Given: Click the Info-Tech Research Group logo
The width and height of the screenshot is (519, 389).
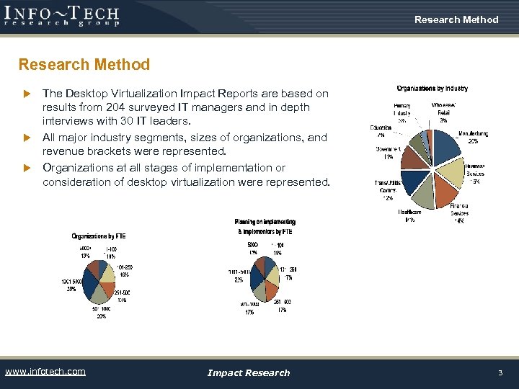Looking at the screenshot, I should point(61,15).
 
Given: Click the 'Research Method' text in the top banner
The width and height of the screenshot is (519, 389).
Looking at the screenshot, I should point(456,19).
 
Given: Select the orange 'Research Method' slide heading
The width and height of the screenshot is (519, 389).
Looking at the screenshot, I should point(84,65).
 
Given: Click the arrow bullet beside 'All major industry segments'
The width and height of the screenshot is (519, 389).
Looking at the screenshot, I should point(28,138).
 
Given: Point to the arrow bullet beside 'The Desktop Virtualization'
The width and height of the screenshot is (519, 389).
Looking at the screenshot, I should point(28,94).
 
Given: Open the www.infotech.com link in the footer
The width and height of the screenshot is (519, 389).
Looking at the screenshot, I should point(45,372).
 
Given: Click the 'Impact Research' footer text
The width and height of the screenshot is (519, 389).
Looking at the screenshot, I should point(248,372).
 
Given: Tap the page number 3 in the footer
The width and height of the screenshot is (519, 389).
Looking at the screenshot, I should point(500,372).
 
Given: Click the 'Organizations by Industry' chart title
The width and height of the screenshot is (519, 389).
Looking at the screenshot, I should point(432,89).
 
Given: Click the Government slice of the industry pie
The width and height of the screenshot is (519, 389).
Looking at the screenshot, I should point(416,156).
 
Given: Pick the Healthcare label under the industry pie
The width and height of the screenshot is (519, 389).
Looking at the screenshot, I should point(409,212).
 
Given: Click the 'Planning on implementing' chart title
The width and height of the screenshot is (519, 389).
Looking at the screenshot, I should point(265,222).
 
